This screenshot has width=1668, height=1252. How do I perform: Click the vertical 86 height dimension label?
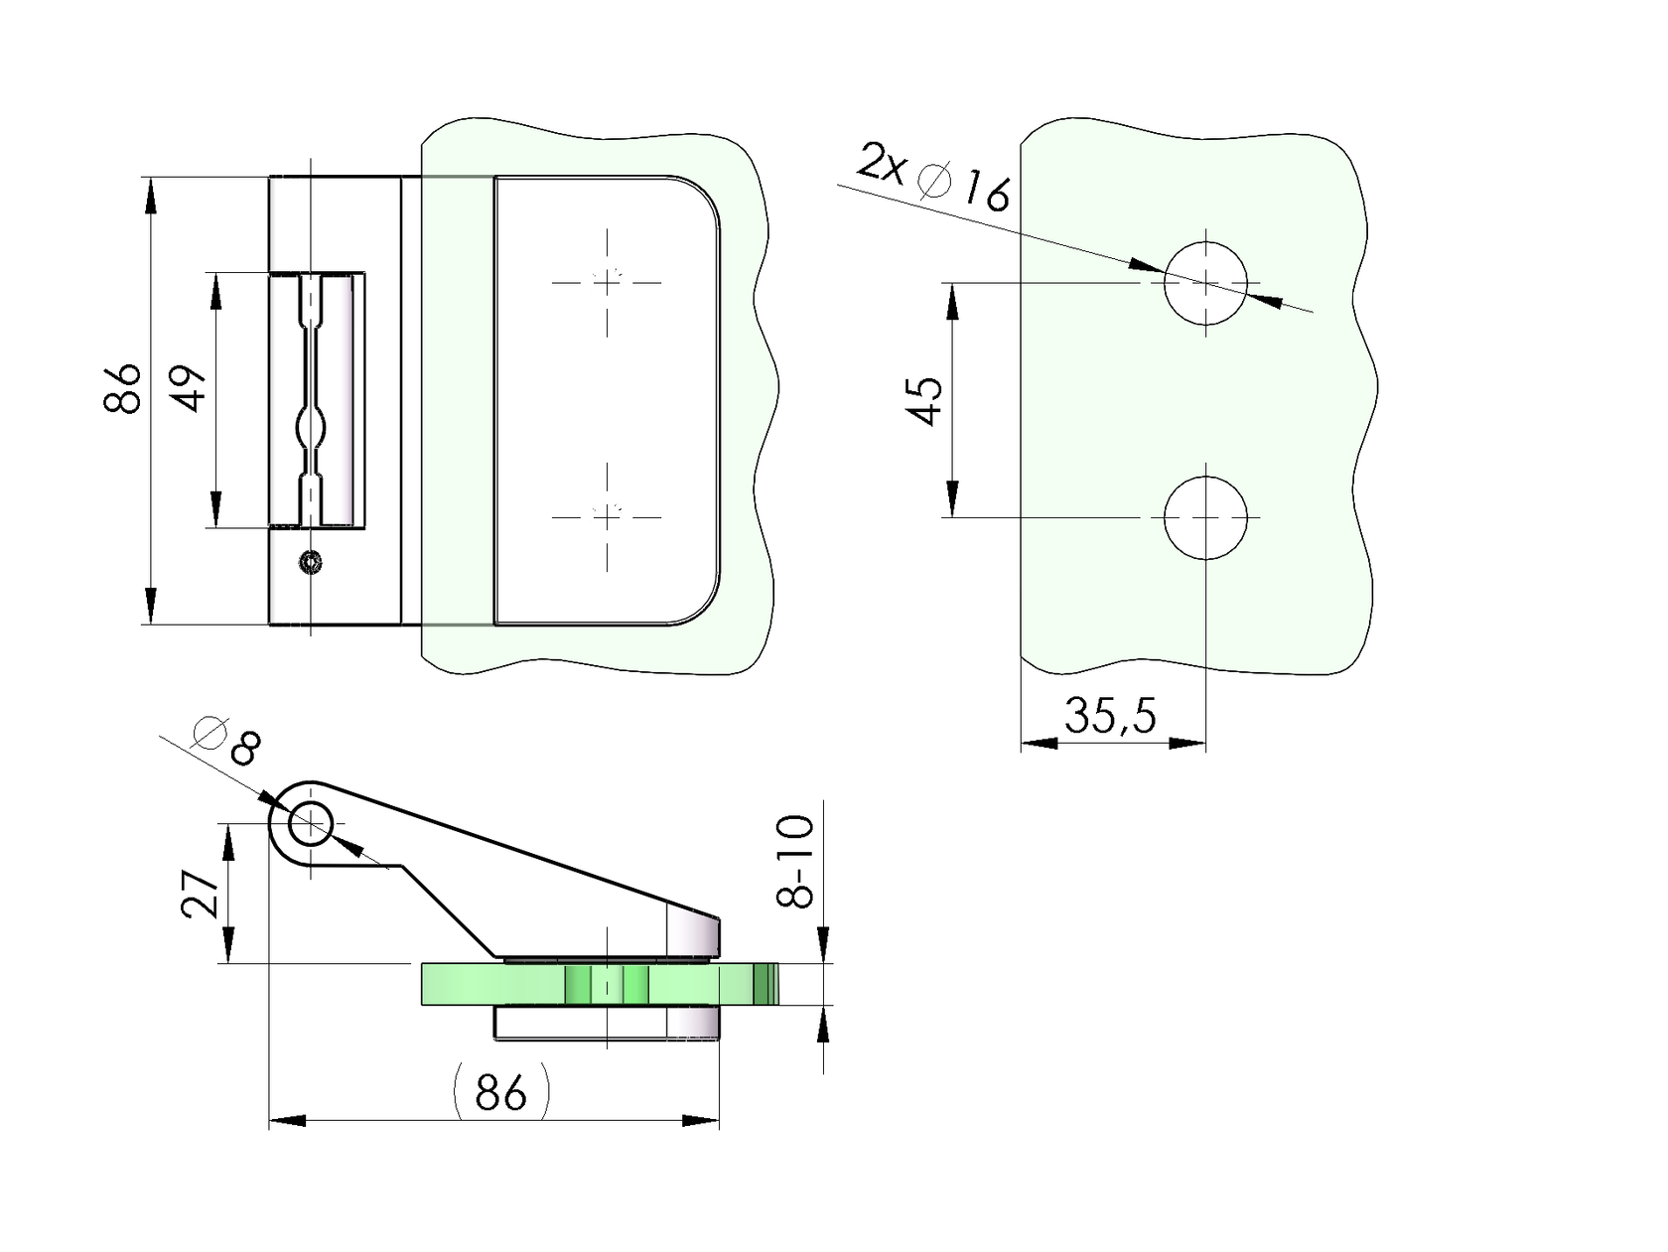pos(123,388)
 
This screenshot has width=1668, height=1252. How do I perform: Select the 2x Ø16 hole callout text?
pos(933,179)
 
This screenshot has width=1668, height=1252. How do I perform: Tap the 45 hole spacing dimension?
pos(925,400)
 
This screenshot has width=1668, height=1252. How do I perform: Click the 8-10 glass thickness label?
pos(796,862)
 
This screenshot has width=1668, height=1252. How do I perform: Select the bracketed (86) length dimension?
pos(500,1092)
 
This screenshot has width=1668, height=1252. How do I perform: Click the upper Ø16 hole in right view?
pos(1205,283)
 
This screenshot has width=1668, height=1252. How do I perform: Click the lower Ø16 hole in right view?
pos(1205,517)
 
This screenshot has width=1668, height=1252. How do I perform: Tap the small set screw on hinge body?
pos(312,563)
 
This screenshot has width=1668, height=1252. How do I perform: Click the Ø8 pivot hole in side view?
pos(311,824)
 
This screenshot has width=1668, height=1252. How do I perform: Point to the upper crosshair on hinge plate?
pos(607,282)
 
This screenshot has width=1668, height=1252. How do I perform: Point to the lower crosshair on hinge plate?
pos(607,516)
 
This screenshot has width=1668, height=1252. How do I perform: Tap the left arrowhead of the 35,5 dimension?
pos(1038,743)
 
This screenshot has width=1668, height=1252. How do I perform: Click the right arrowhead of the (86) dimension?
pos(701,1121)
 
